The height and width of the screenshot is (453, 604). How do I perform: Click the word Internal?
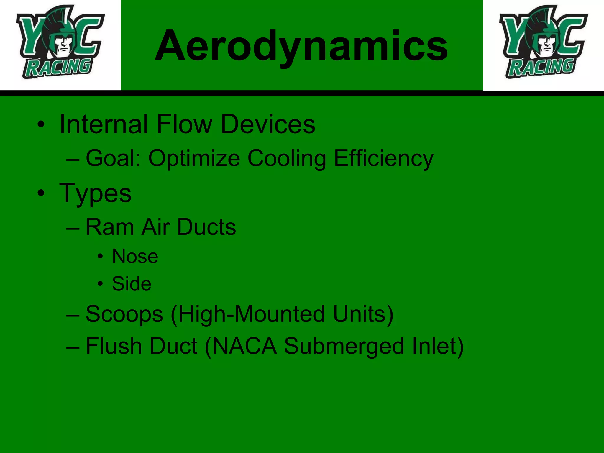tap(104, 124)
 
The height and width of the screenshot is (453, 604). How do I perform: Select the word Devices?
tap(268, 124)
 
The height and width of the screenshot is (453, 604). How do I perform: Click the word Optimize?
tap(194, 158)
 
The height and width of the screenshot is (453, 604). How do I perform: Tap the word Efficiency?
tap(383, 158)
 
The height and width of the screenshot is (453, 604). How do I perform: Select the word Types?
tap(95, 193)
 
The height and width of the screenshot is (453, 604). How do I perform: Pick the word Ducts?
tap(206, 227)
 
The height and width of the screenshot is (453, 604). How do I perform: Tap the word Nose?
tap(135, 256)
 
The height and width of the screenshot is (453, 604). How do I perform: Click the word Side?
tap(132, 284)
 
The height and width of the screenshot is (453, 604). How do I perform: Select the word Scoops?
tap(124, 314)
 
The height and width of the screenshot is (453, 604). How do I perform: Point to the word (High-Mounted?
tap(248, 314)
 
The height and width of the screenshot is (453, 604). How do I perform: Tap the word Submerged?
tap(344, 346)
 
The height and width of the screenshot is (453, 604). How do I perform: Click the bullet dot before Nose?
tap(101, 257)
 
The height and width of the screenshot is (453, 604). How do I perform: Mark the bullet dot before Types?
tap(41, 193)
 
